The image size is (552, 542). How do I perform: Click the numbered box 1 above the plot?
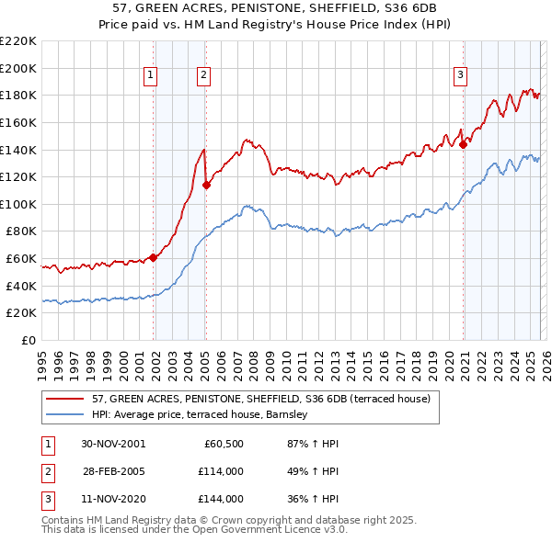point(150,76)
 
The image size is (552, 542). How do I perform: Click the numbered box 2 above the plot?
point(203,76)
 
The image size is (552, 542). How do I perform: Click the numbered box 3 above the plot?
point(460,76)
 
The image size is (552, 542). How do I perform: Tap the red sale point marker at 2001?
point(154,258)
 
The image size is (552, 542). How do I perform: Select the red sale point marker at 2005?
point(206,185)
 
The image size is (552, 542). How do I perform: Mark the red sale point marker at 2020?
point(464,143)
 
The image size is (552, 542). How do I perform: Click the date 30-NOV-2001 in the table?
point(114,444)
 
